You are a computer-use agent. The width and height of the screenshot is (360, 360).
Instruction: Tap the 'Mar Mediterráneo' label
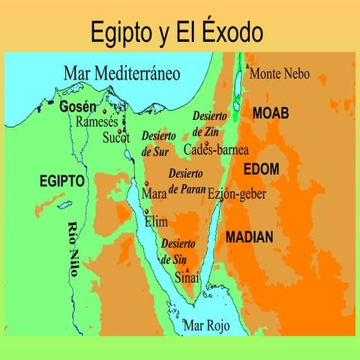coord(122,74)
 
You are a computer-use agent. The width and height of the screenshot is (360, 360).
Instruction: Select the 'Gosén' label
coord(78,107)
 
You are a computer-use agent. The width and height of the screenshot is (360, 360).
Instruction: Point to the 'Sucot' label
coord(116,138)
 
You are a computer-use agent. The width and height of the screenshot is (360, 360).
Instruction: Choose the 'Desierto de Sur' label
coord(158,144)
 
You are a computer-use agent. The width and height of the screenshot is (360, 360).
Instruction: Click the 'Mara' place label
coord(154,193)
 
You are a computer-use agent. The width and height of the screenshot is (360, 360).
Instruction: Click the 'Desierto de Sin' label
coord(178,251)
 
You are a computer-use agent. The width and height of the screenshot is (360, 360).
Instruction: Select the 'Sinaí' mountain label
coord(187,277)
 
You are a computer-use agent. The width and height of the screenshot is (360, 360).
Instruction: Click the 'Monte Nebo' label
coord(278,74)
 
